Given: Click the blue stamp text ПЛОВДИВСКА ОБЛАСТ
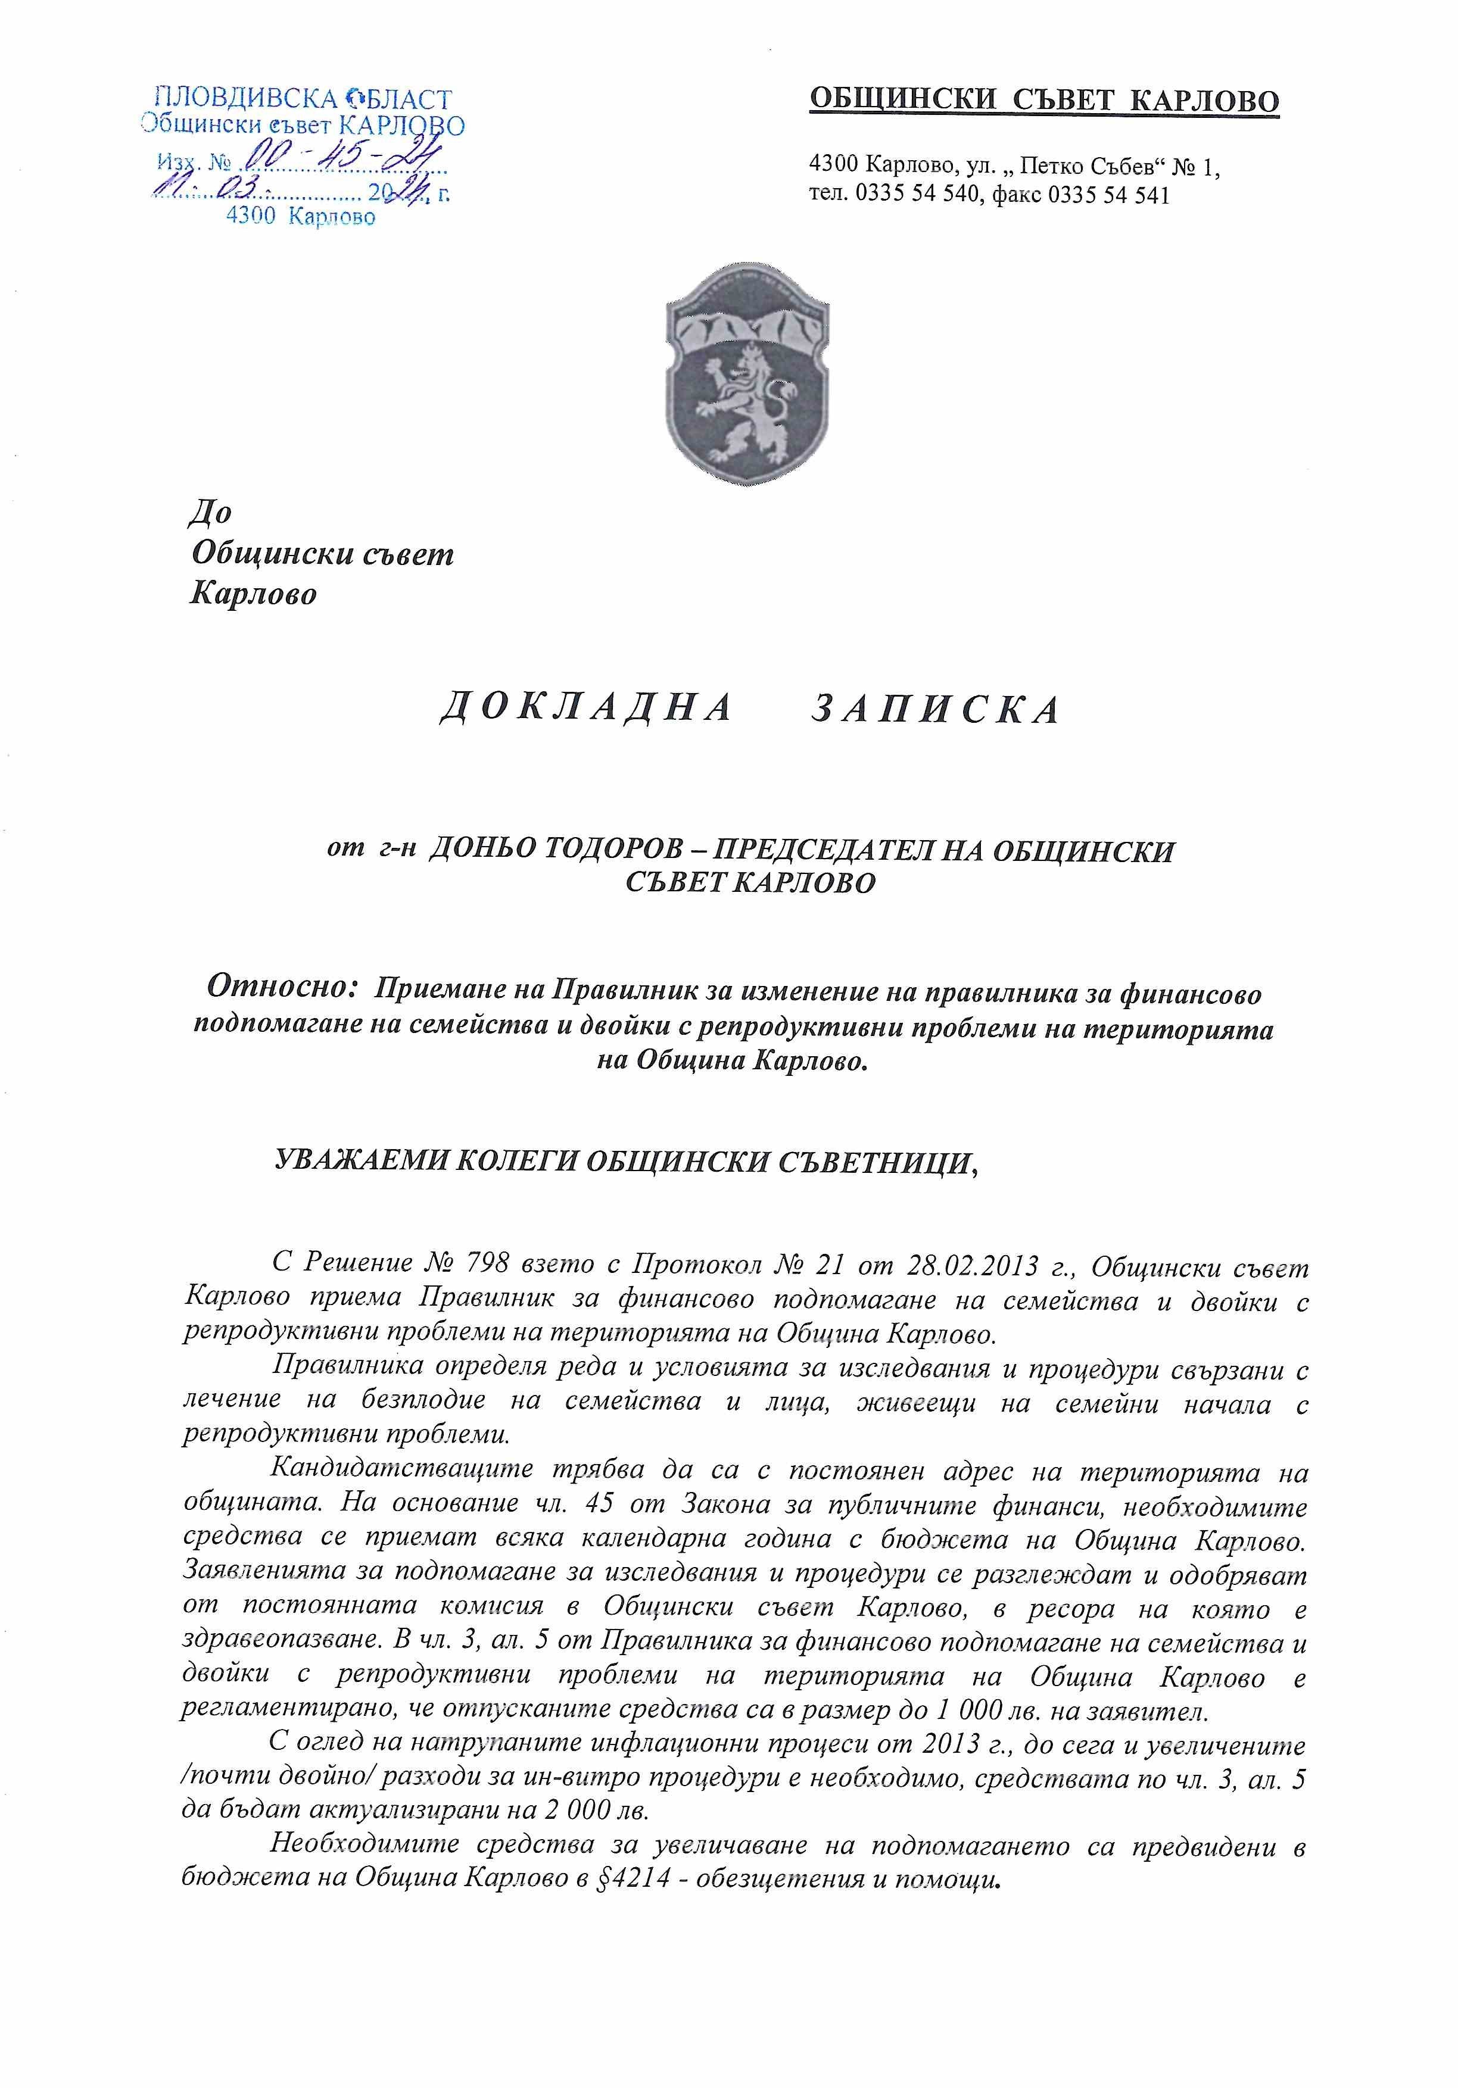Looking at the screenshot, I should coord(303,98).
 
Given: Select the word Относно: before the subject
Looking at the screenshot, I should coord(283,987).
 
